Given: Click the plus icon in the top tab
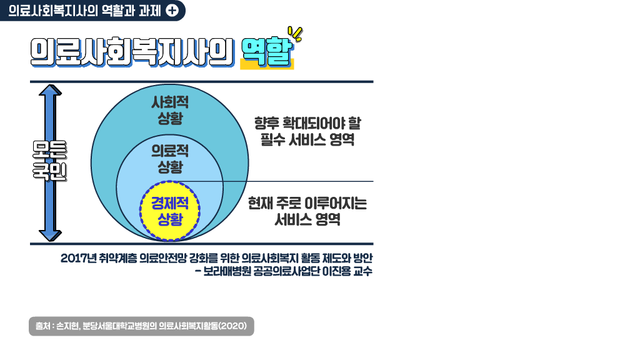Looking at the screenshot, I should [x=172, y=11].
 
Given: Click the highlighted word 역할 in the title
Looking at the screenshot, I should [x=266, y=53].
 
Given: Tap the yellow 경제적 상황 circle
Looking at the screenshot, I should [x=169, y=211].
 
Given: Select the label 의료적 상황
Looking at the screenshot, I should [x=170, y=159].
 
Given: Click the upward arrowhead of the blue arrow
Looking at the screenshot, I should [x=50, y=91].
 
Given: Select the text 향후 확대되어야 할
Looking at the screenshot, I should [x=307, y=123].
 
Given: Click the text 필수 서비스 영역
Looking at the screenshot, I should [x=307, y=140].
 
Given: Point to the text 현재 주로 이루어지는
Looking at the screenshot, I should [x=307, y=203].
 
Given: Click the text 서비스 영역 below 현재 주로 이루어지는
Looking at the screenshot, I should [x=307, y=220].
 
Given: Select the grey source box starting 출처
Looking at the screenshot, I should [x=141, y=326].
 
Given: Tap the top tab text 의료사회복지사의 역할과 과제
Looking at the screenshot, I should [x=84, y=11].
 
